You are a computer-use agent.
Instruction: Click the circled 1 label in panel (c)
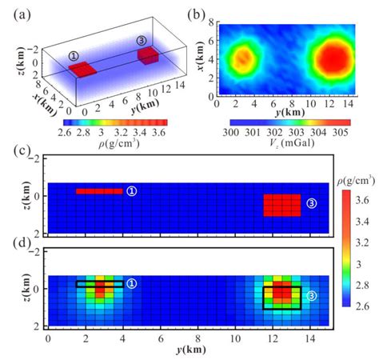[x=132, y=191]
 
